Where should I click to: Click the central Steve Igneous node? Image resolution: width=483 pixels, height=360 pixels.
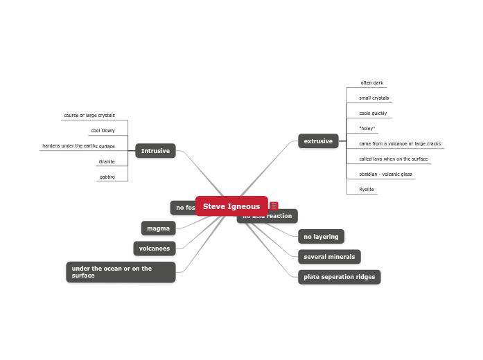point(231,206)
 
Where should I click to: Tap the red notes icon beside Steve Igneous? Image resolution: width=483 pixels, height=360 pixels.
point(274,206)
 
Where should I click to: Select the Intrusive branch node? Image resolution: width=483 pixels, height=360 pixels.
point(155,151)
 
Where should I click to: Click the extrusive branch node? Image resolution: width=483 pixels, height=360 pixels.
point(318,141)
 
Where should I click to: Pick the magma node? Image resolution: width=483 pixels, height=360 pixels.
point(158,228)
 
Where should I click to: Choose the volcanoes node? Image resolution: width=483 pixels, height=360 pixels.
point(154,248)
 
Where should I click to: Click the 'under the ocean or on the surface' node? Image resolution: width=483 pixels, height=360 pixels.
point(121,272)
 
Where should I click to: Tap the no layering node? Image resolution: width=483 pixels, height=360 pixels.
point(321,237)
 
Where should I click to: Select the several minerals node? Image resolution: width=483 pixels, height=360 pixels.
point(329,257)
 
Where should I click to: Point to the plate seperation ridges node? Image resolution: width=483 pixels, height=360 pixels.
point(339,277)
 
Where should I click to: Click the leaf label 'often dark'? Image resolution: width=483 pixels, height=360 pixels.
point(371,83)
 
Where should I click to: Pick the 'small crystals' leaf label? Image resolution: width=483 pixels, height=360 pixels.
point(374,98)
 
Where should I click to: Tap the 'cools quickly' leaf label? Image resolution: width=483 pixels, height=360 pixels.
point(373,114)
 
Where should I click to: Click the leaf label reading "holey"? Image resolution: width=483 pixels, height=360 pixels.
point(367,129)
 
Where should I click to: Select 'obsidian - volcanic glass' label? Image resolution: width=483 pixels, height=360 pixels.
point(385,174)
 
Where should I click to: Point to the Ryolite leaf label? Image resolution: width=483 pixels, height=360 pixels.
point(367,189)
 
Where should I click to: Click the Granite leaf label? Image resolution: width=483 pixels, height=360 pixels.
point(107,162)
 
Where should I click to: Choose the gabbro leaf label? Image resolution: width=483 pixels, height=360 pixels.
point(107,177)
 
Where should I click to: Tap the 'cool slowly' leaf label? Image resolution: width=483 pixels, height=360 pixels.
point(103,131)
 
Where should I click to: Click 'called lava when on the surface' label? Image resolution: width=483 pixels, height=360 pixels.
point(393,159)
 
